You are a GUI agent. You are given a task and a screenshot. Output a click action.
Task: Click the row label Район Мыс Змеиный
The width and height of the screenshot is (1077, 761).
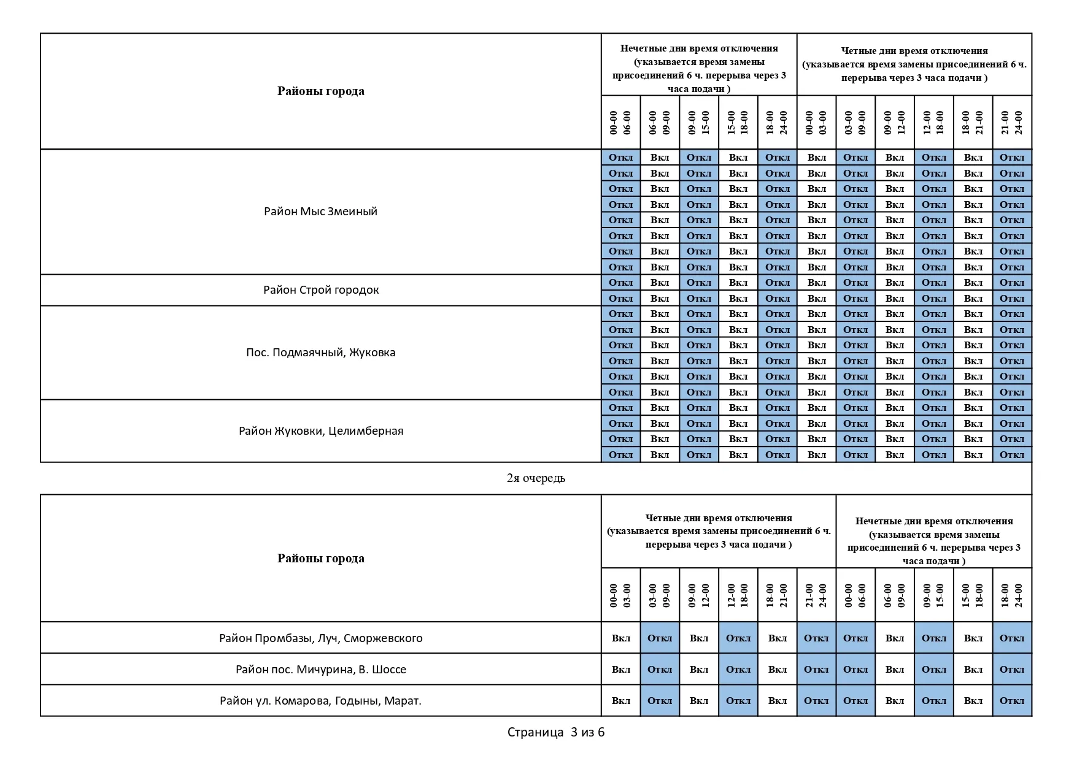[320, 212]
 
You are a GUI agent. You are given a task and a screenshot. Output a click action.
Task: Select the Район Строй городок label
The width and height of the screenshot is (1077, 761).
[321, 290]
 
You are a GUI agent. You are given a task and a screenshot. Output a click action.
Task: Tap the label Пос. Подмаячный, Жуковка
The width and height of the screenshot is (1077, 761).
[321, 353]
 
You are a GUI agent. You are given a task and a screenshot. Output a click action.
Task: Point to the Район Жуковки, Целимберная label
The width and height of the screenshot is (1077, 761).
[321, 431]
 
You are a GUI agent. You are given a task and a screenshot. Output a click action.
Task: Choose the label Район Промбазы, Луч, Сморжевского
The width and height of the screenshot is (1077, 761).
[321, 638]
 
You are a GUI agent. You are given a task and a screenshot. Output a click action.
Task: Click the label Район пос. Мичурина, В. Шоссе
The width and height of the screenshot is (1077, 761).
[321, 670]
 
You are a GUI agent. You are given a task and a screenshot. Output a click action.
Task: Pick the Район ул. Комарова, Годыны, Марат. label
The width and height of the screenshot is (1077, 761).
[321, 701]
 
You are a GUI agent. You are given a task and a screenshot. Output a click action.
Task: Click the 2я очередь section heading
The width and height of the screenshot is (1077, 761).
[536, 478]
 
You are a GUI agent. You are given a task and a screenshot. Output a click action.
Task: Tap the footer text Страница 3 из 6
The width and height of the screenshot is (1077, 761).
[556, 732]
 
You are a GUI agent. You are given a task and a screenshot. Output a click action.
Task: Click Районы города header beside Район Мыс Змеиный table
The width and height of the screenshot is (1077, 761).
[321, 91]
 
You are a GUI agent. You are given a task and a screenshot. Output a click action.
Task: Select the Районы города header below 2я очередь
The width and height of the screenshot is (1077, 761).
[321, 559]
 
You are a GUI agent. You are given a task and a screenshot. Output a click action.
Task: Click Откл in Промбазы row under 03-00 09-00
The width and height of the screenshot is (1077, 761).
[660, 638]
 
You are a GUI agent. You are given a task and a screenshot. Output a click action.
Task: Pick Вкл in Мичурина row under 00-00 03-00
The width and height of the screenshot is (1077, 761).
[621, 670]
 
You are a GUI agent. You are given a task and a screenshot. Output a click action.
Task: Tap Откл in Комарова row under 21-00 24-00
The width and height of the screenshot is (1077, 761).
[816, 701]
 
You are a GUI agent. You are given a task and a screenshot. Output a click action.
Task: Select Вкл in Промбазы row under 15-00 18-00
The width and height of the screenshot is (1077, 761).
[973, 638]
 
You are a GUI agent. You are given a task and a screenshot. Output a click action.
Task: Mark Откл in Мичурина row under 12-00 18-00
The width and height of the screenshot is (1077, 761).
[738, 670]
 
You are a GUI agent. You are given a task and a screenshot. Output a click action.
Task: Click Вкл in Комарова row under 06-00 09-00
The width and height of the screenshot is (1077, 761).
[895, 701]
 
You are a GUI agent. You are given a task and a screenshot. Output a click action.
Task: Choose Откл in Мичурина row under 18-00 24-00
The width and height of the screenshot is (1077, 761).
[1012, 670]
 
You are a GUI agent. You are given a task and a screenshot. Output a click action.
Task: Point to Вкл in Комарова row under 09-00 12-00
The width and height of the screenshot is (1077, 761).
[699, 701]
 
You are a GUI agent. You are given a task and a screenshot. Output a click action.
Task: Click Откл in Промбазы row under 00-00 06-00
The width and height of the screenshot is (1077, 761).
[855, 638]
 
